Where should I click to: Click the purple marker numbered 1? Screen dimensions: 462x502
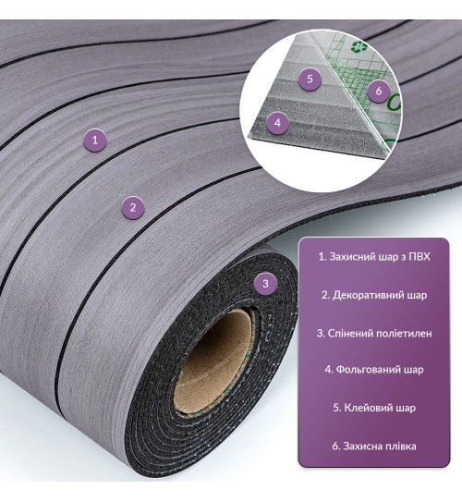click(94, 140)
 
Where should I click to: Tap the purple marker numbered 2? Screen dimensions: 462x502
click(133, 208)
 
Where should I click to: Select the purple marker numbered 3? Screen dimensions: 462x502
click(265, 283)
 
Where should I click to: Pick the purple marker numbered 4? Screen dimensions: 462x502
click(277, 123)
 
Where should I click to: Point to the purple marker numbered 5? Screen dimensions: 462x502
click(310, 78)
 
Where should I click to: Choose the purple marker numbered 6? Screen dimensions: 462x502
click(379, 91)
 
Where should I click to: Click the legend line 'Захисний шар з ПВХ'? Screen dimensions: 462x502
click(374, 257)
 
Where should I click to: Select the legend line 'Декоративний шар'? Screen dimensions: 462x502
click(374, 295)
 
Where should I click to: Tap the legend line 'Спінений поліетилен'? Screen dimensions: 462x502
click(374, 333)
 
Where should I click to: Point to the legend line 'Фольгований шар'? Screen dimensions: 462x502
click(374, 370)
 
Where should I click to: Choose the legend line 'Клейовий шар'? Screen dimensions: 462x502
click(374, 408)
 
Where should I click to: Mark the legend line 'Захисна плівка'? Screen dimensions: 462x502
click(374, 447)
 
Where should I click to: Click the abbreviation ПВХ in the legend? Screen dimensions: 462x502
click(419, 257)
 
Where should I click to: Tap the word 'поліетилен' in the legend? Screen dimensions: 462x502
click(404, 334)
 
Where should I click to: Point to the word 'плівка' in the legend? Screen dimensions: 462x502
click(401, 447)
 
